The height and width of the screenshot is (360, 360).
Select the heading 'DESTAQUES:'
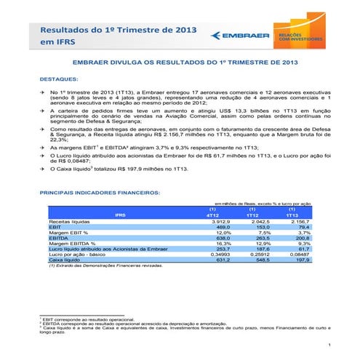[63, 78]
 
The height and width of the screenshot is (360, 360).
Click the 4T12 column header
[213, 215]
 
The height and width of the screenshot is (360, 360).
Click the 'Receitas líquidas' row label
[70, 221]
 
